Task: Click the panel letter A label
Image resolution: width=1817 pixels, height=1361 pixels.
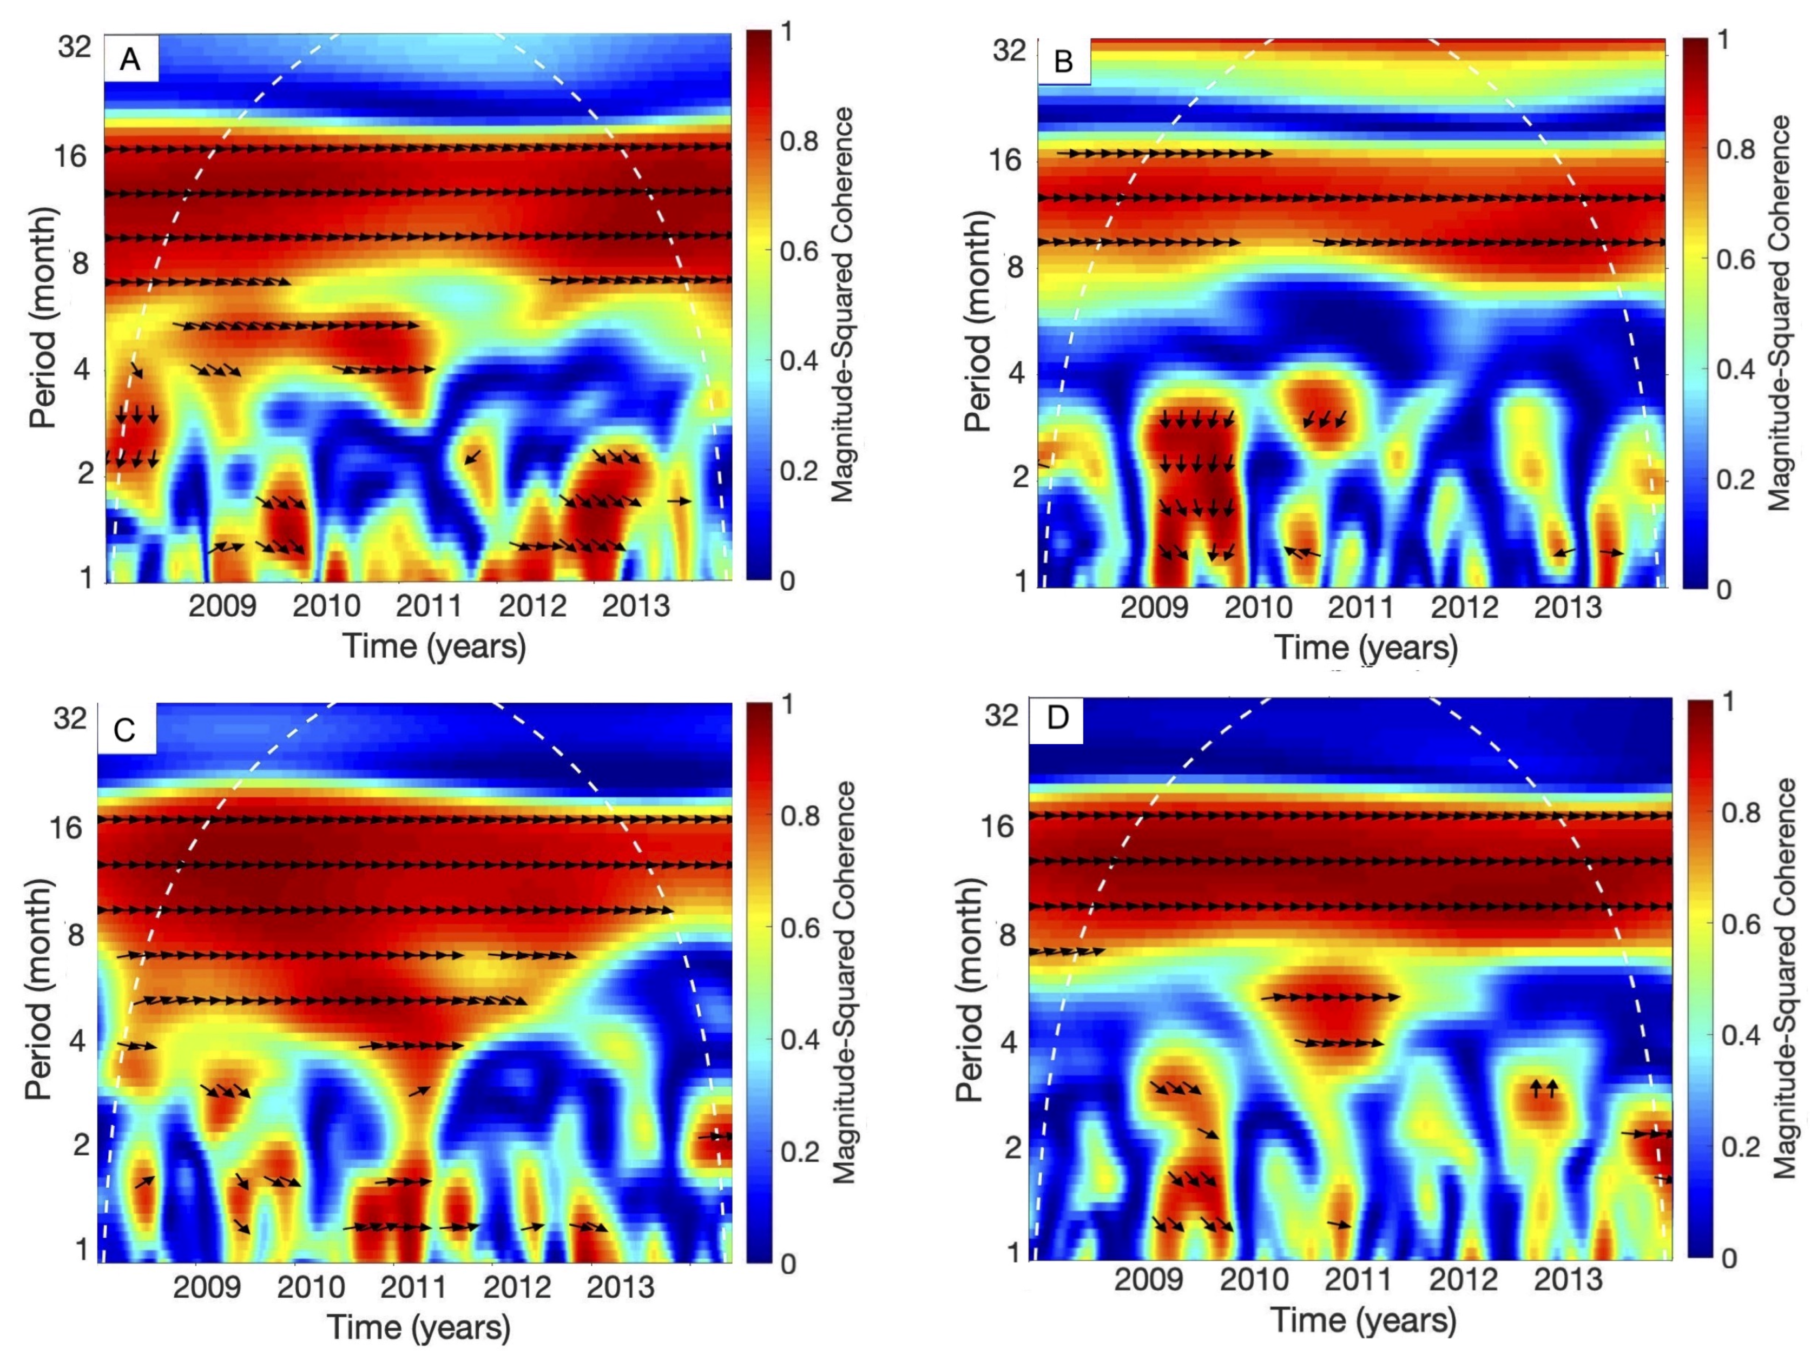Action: pos(130,60)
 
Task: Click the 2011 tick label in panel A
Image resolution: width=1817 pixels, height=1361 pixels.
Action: pos(429,607)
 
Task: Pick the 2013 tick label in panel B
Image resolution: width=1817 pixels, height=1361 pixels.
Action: pos(1568,609)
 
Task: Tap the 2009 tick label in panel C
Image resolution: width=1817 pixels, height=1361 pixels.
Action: pos(207,1286)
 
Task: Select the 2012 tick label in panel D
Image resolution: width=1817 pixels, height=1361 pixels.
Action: pos(1463,1280)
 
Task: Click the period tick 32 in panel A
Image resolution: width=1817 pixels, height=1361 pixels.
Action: pos(74,47)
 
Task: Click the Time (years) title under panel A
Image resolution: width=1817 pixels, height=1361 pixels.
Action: pos(434,646)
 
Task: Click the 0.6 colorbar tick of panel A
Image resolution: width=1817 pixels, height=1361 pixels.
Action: pos(799,250)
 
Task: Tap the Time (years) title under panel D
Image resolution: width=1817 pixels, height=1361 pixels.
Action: pos(1364,1320)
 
